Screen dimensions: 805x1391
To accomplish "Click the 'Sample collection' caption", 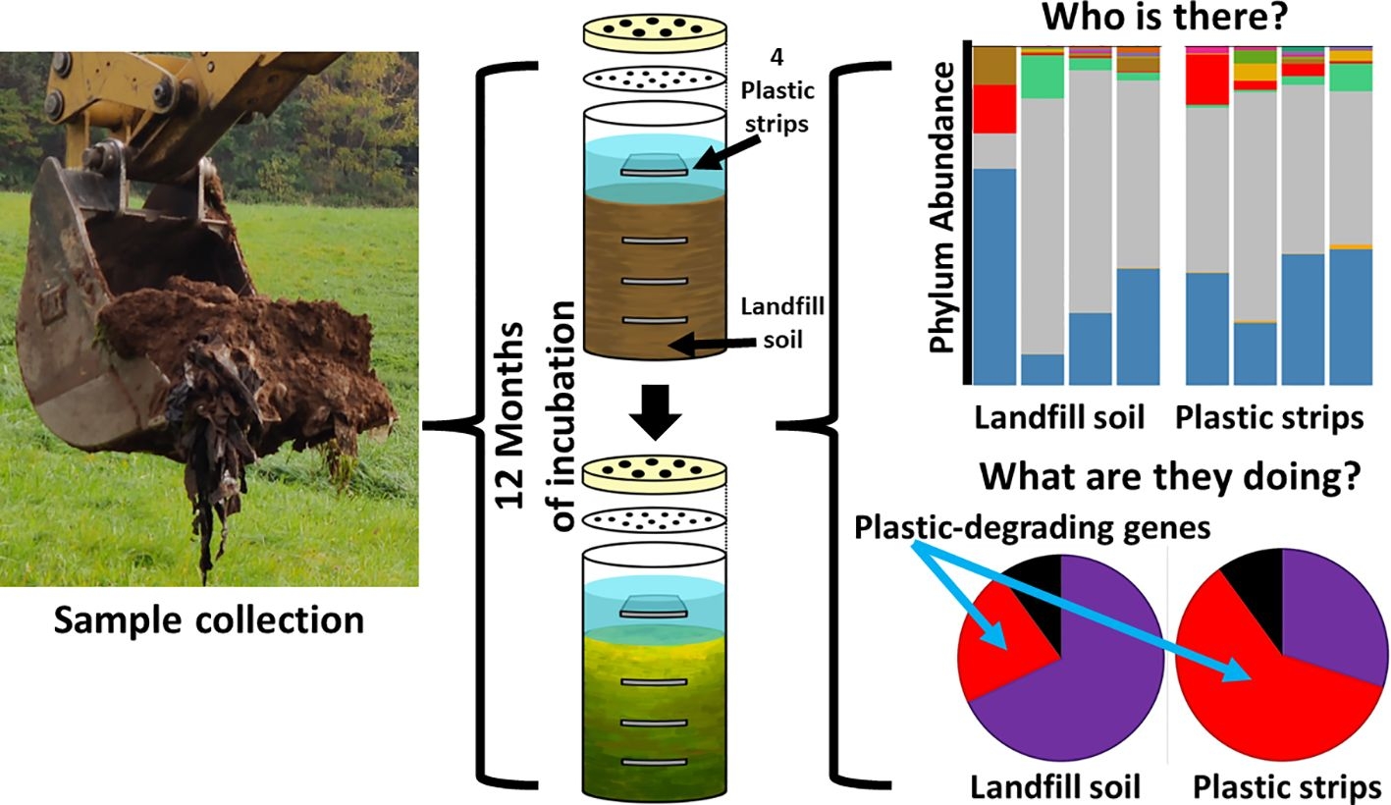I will coord(208,620).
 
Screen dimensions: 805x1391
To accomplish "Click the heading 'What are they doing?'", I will coord(1171,478).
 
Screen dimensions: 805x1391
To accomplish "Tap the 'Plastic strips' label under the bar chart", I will coord(1269,418).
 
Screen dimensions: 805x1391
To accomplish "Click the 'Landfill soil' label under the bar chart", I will coord(1059,418).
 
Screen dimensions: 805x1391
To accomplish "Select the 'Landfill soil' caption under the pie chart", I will coord(1055,787).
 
